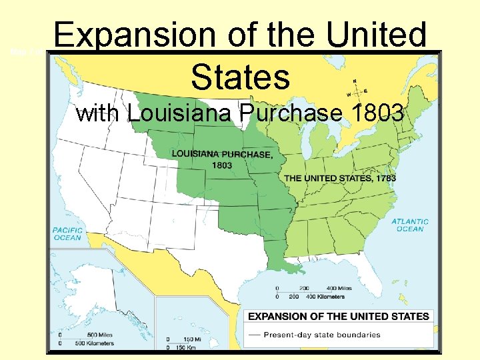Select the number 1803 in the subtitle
374,113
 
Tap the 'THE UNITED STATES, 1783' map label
340,178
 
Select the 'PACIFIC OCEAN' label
67,233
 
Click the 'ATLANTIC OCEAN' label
410,225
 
